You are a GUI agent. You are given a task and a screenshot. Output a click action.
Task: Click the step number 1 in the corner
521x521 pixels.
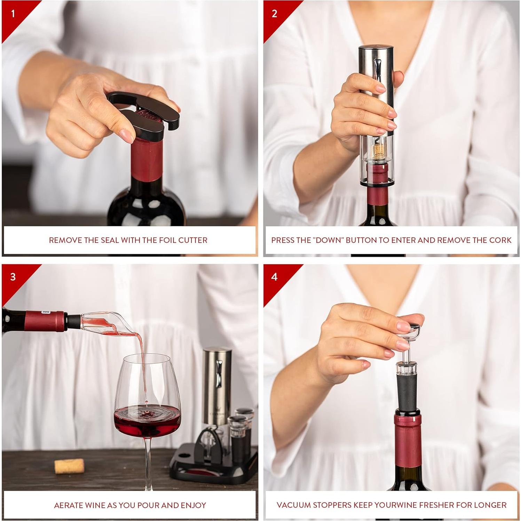click(x=13, y=14)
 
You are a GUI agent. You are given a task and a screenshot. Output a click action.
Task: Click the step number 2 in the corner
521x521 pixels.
click(x=274, y=14)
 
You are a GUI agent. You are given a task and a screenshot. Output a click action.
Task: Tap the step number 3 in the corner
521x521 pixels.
click(x=13, y=277)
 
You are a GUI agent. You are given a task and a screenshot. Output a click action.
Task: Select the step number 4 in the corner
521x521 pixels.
click(x=274, y=277)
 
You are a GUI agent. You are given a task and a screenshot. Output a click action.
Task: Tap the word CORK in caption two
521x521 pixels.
click(x=500, y=240)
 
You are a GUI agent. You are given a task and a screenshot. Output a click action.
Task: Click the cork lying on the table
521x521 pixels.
click(x=69, y=466)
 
